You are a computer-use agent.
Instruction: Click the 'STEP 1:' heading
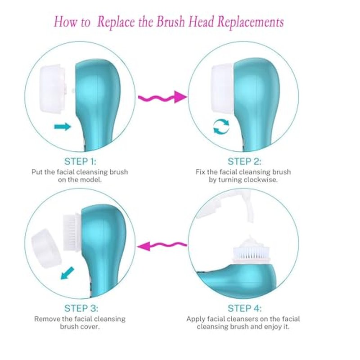[x=80, y=162]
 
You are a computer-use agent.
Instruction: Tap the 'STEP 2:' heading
[x=244, y=162]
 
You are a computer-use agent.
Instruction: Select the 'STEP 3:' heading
[x=81, y=308]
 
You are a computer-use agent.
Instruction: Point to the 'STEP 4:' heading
[x=244, y=308]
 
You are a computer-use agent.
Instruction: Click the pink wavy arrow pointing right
[x=162, y=98]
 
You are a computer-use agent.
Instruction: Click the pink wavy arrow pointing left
[x=162, y=246]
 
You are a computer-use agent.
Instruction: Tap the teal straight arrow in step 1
[x=63, y=126]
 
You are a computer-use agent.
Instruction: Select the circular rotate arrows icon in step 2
[x=221, y=126]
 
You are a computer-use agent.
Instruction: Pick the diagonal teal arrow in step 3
[x=67, y=273]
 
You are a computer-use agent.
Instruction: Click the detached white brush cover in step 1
[x=53, y=89]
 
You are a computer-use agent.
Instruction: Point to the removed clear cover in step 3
[x=46, y=248]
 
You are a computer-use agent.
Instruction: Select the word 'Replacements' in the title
[x=250, y=22]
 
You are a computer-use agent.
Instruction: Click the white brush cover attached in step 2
[x=222, y=89]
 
